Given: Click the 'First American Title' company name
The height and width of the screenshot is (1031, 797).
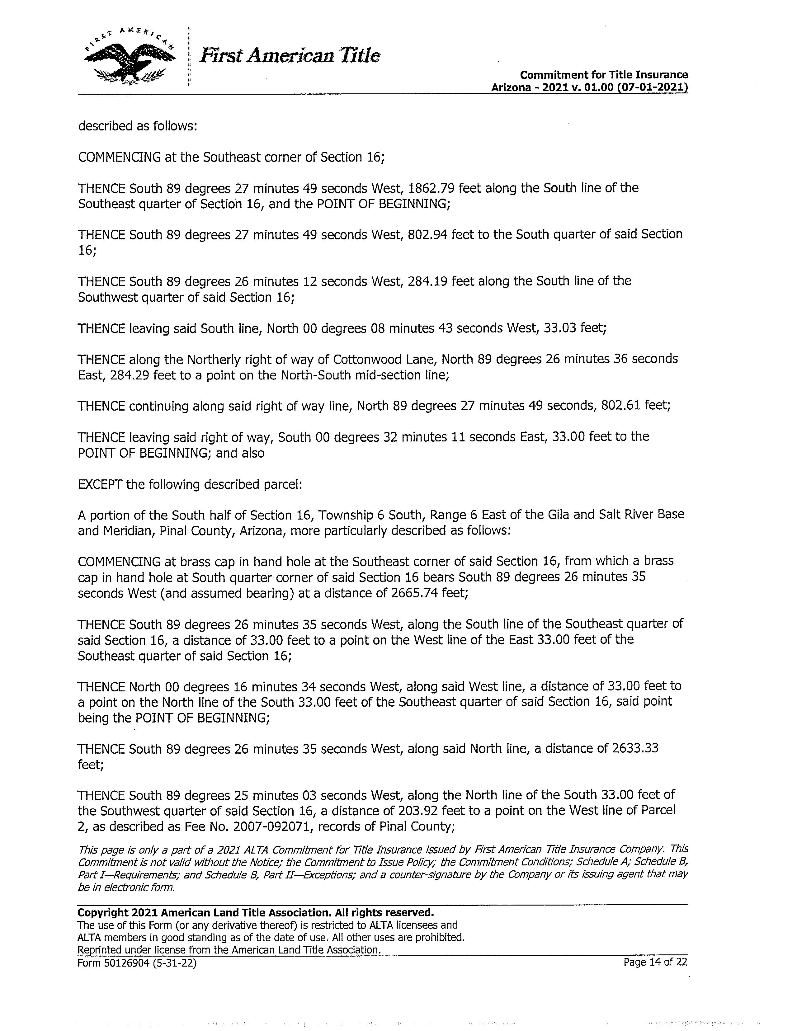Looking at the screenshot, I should coord(290,56).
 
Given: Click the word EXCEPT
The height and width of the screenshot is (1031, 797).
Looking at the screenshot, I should coord(100,485).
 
